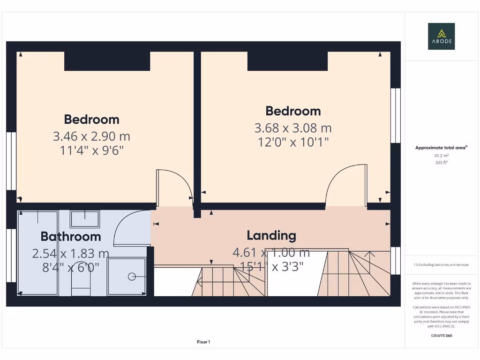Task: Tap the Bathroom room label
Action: coord(71,236)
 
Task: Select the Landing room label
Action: coord(271,235)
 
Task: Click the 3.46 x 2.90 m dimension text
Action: coord(91,136)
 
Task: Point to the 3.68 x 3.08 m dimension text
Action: coord(293,127)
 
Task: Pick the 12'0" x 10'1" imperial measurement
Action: coord(293,142)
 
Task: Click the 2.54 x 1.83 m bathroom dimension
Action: coord(71,254)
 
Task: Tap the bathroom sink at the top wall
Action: coord(85,219)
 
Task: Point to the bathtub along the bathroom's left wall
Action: coord(38,253)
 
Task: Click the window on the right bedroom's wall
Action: coord(396,115)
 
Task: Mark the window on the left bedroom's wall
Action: coord(11,161)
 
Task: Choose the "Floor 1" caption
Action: coord(203,342)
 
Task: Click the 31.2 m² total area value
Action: coord(441,156)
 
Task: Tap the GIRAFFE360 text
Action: coord(441,336)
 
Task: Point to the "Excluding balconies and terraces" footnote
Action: coord(441,265)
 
